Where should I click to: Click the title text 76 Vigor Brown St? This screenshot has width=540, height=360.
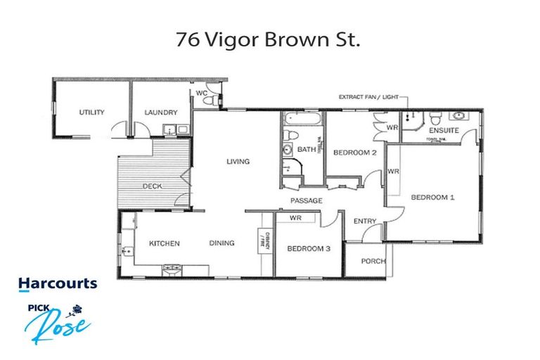point(269,39)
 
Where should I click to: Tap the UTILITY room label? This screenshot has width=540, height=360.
point(91,112)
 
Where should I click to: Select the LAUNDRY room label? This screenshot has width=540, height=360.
point(160,112)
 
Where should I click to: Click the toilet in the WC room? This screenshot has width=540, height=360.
point(207,101)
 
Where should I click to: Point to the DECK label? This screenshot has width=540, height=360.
point(152,186)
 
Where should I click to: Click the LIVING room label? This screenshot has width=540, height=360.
point(238,162)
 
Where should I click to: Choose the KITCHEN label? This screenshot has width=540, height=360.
point(164,244)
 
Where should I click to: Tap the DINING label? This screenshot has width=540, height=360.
point(221,244)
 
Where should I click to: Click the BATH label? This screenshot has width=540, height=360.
point(306,150)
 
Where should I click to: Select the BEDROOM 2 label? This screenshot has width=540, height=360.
point(356,153)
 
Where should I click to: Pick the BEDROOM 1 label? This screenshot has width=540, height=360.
point(433,198)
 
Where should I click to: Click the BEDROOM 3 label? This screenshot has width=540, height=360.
point(309,249)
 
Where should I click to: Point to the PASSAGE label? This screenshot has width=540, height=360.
point(307,201)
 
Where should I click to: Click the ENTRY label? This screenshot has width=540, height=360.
point(365,221)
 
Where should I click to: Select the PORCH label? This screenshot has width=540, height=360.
point(373,262)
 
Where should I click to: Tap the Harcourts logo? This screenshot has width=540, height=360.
point(58,283)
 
